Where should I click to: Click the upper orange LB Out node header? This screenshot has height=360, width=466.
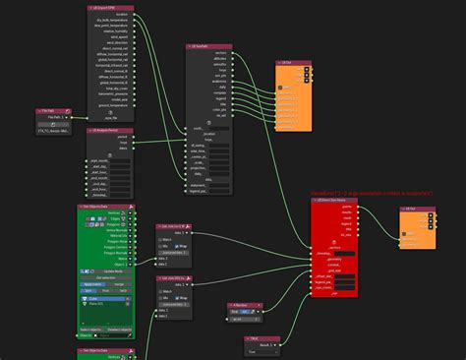click(x=294, y=62)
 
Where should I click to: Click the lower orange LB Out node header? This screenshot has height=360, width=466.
click(x=414, y=209)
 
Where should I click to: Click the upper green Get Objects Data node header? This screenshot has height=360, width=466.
click(x=105, y=207)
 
